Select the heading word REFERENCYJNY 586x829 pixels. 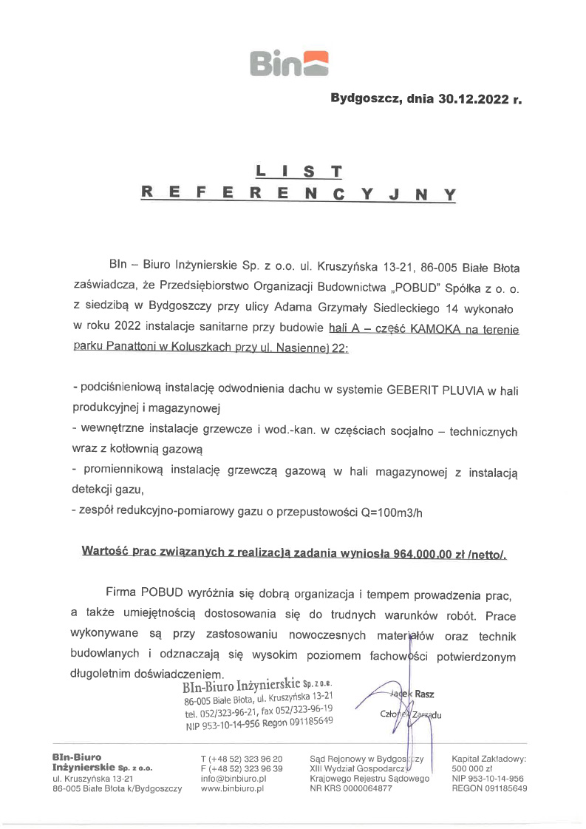pyautogui.click(x=299, y=194)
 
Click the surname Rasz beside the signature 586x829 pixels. pyautogui.click(x=425, y=694)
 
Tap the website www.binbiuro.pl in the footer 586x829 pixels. pyautogui.click(x=233, y=789)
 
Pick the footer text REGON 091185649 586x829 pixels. pyautogui.click(x=489, y=789)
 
